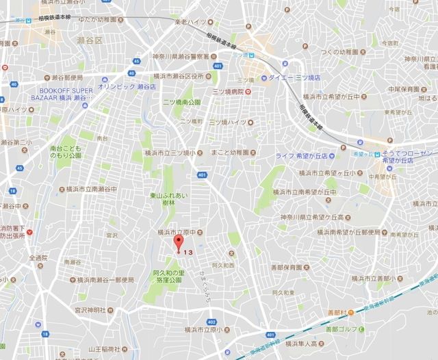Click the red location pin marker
pyautogui.click(x=179, y=244)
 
